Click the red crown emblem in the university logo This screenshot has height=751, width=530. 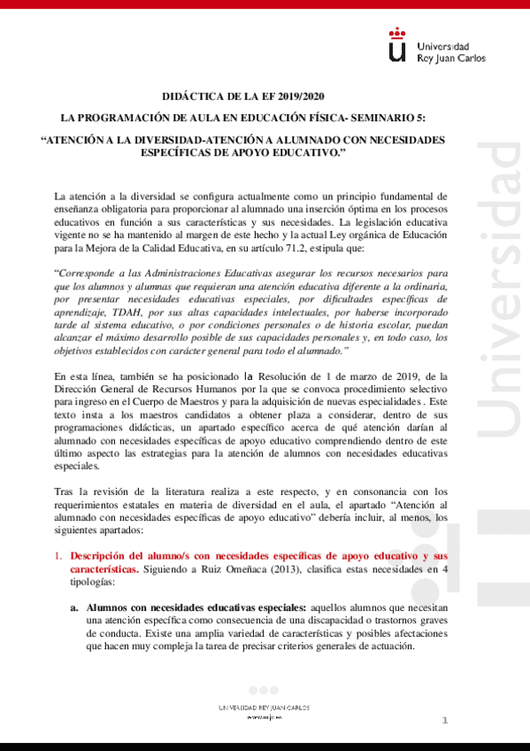point(398,35)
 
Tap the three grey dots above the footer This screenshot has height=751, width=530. point(263,690)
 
